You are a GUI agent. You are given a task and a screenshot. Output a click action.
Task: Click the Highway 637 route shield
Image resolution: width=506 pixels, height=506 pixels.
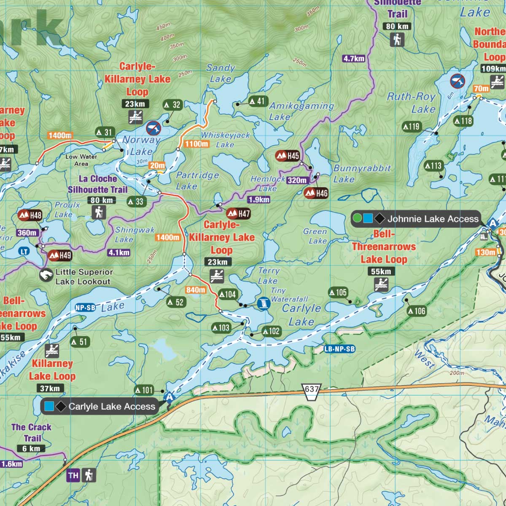pyautogui.click(x=312, y=389)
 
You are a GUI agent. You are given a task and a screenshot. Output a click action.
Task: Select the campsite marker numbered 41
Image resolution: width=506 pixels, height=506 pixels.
pyautogui.click(x=258, y=101)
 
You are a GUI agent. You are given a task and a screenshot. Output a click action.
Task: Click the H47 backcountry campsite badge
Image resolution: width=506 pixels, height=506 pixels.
pyautogui.click(x=239, y=213)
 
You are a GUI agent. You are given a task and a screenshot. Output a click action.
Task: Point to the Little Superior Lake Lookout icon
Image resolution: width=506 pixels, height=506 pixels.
pyautogui.click(x=46, y=276)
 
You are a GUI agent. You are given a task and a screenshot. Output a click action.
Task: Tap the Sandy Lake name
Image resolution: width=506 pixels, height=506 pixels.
pyautogui.click(x=220, y=73)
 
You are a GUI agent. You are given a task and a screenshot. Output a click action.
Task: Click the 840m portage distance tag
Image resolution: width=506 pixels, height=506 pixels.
pyautogui.click(x=196, y=290)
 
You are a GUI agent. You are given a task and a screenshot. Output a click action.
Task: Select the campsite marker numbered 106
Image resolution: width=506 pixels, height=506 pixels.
pyautogui.click(x=417, y=311)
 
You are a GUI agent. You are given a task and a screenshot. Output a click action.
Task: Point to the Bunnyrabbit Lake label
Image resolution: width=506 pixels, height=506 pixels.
pyautogui.click(x=362, y=173)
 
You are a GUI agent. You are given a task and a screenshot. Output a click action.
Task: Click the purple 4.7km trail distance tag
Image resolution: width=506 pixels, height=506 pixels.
pyautogui.click(x=353, y=59)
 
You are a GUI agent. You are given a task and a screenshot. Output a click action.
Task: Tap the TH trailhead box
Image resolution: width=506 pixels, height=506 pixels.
pyautogui.click(x=73, y=476)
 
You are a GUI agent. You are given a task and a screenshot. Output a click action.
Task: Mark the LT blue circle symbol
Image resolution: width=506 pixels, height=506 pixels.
pyautogui.click(x=24, y=252)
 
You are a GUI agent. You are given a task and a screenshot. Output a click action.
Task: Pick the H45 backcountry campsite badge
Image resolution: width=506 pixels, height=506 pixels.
pyautogui.click(x=288, y=156)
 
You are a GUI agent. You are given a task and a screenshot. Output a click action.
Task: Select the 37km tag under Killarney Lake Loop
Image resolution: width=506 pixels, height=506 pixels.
pyautogui.click(x=50, y=388)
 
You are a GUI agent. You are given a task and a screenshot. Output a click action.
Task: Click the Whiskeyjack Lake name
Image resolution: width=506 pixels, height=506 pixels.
pyautogui.click(x=225, y=140)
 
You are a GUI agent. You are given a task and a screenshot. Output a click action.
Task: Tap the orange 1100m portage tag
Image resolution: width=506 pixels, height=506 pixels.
pyautogui.click(x=196, y=144)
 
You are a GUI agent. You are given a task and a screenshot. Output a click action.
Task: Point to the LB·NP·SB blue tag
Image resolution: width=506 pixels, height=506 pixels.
pyautogui.click(x=339, y=349)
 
